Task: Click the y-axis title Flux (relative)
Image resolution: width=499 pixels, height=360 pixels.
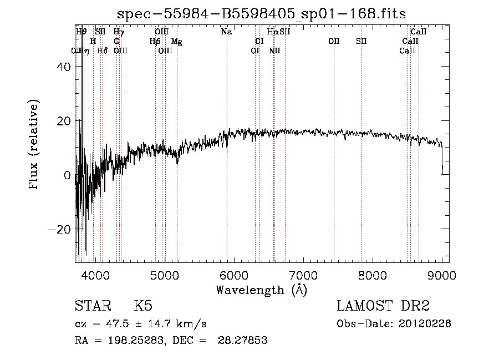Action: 34,145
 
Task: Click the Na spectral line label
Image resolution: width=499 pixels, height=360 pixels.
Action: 226,32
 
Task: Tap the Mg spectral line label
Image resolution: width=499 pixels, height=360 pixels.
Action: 176,42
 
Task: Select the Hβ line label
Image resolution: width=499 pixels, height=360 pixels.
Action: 155,42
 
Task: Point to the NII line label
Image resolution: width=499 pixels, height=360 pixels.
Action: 274,51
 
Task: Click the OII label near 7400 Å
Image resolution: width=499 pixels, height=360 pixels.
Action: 334,42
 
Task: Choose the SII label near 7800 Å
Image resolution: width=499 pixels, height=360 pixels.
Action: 361,42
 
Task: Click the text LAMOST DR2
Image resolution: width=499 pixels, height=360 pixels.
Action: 383,306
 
